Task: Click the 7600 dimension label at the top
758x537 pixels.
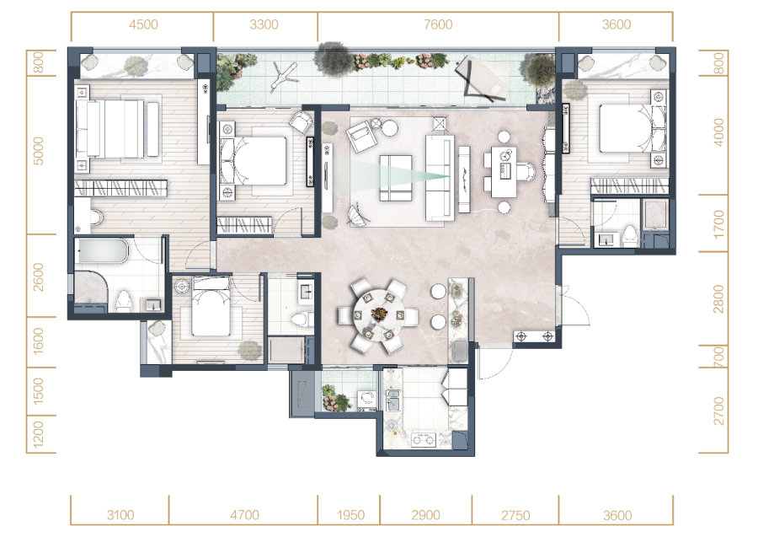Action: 438,24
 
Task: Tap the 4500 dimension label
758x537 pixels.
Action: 143,24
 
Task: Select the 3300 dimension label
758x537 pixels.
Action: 264,24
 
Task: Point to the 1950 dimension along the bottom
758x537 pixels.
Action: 350,515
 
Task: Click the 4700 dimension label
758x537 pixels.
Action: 244,515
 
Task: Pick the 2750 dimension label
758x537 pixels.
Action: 515,515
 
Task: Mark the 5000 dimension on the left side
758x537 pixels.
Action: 38,151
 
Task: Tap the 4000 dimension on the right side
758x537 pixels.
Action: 719,132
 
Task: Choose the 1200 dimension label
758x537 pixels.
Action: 38,433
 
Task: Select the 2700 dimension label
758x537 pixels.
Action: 719,411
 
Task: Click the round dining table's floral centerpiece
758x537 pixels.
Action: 379,314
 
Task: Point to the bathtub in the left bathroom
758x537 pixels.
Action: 103,250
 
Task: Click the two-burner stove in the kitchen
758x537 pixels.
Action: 423,440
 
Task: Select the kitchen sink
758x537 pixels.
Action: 392,400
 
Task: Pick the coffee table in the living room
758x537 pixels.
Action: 396,178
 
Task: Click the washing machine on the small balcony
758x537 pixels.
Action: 367,399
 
